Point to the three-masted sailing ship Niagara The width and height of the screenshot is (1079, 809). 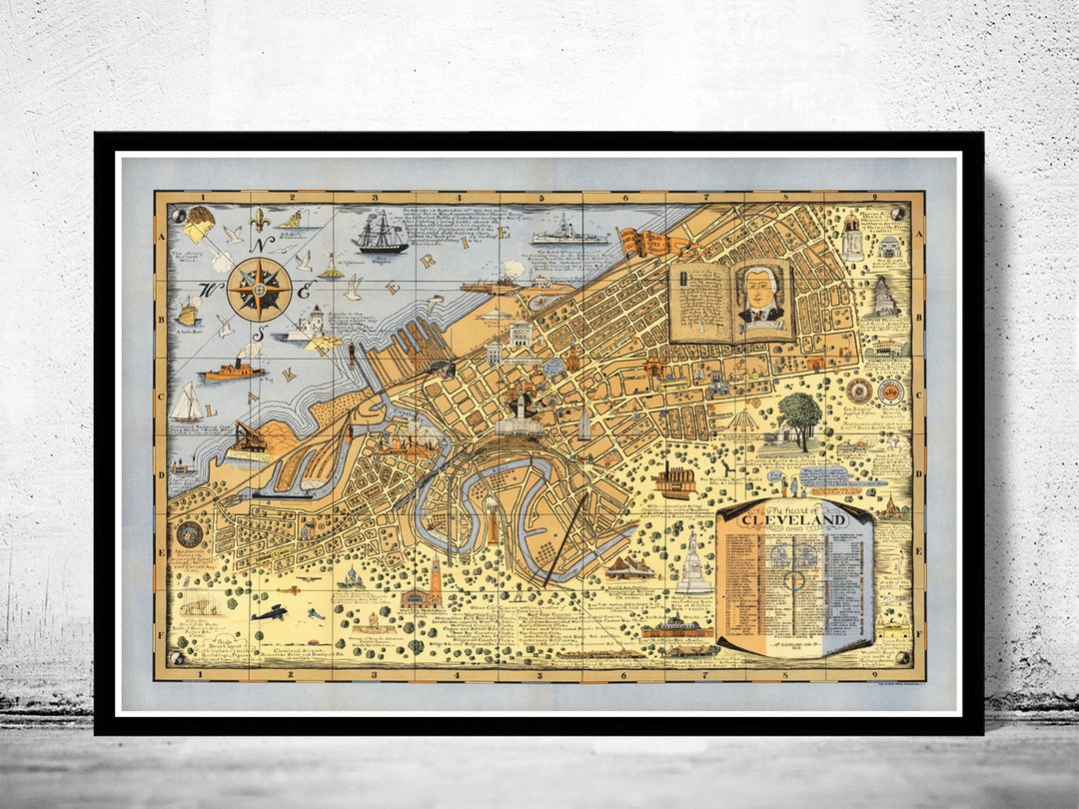click(380, 234)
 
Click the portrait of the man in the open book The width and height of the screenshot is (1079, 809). click(761, 296)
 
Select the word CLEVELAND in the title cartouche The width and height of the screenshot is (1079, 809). click(795, 520)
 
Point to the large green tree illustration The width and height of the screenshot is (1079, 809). click(799, 411)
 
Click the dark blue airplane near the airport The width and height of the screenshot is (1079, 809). click(269, 612)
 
